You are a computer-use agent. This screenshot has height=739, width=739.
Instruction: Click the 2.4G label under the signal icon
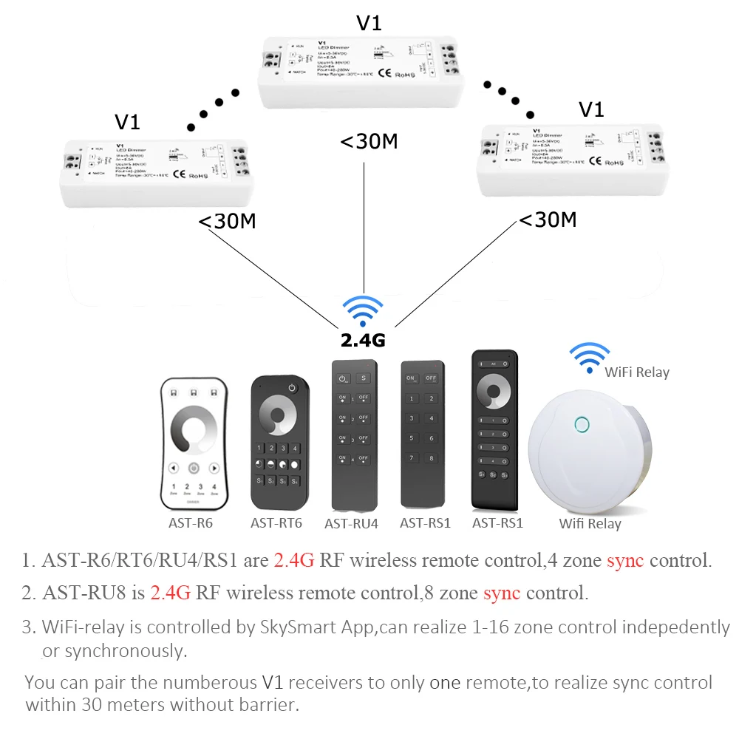(363, 341)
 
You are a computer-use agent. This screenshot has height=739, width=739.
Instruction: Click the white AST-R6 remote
(194, 445)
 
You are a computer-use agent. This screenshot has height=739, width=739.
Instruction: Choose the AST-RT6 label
(276, 523)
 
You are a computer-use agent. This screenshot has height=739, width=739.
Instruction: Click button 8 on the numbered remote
(430, 459)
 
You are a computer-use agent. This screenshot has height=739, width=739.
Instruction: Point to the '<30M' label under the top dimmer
(369, 140)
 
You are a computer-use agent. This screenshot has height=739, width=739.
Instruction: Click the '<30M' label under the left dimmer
(226, 221)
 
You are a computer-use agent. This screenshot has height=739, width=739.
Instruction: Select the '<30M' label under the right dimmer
(548, 219)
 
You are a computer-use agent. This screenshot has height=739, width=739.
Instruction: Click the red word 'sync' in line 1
(625, 560)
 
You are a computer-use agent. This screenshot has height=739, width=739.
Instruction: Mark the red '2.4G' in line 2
(170, 593)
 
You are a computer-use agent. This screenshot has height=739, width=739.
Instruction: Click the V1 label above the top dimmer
(369, 23)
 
